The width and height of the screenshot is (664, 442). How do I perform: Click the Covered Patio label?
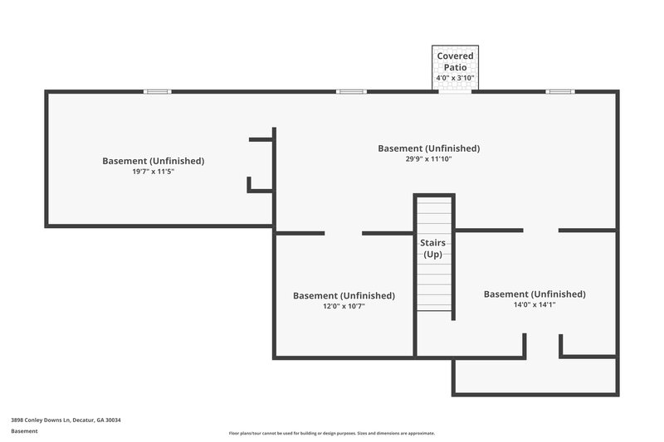[455, 61]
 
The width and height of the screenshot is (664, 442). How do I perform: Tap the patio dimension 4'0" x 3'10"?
[455, 78]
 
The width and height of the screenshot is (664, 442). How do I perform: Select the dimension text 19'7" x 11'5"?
[153, 172]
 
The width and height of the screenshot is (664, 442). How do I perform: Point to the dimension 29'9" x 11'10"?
[428, 159]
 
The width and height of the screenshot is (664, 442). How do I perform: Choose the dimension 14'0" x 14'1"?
[534, 304]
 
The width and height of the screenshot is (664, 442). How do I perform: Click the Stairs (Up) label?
[432, 248]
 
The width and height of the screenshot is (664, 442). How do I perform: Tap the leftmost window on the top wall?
[158, 91]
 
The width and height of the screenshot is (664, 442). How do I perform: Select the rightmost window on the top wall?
[559, 91]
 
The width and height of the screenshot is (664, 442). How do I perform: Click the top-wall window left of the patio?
[350, 91]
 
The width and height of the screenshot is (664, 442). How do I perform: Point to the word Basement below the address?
[24, 431]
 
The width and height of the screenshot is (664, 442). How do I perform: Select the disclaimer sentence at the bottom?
[332, 433]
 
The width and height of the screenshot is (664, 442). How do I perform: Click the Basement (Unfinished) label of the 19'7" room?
[153, 161]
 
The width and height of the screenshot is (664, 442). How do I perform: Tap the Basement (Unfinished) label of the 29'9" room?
[428, 148]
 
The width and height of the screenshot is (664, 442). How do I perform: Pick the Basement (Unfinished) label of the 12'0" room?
[344, 295]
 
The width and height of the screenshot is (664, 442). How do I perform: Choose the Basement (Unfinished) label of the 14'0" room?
[534, 294]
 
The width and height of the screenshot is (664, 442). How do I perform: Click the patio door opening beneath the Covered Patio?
[455, 91]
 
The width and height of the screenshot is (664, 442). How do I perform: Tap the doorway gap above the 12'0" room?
[344, 233]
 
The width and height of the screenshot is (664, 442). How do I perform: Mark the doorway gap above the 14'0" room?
[540, 230]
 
